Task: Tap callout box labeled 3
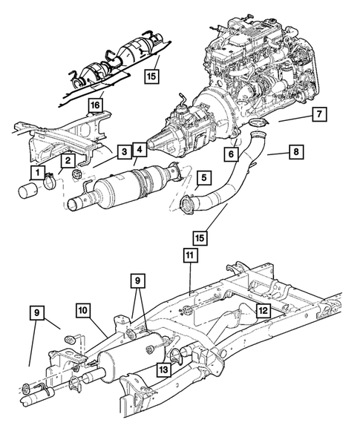(x=125, y=152)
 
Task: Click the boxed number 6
(x=232, y=152)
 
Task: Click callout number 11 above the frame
(x=189, y=254)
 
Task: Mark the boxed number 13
(x=163, y=368)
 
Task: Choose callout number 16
(x=95, y=105)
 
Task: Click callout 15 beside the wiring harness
(x=151, y=75)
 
